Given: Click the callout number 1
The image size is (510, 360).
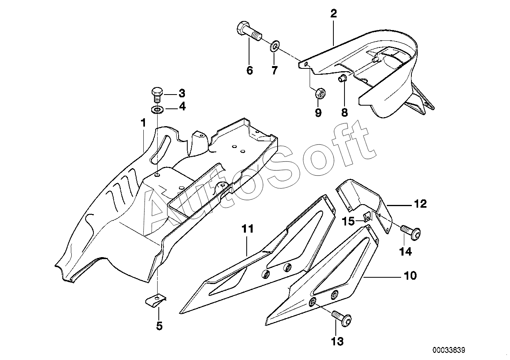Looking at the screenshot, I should (143, 123).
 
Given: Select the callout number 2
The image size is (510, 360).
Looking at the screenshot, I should (333, 14).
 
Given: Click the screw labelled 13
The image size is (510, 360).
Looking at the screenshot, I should (342, 318).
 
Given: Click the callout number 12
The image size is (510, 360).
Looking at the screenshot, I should (420, 204).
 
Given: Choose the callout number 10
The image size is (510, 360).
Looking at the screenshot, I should (411, 275).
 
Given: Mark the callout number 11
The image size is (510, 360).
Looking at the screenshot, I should (247, 229).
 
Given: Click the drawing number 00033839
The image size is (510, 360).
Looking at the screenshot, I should (449, 350).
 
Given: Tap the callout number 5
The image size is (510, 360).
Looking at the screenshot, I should (159, 326).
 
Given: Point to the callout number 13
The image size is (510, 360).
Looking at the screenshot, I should (338, 341).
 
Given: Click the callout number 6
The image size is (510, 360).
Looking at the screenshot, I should (249, 71).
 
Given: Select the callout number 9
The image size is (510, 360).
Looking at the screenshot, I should (318, 113).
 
